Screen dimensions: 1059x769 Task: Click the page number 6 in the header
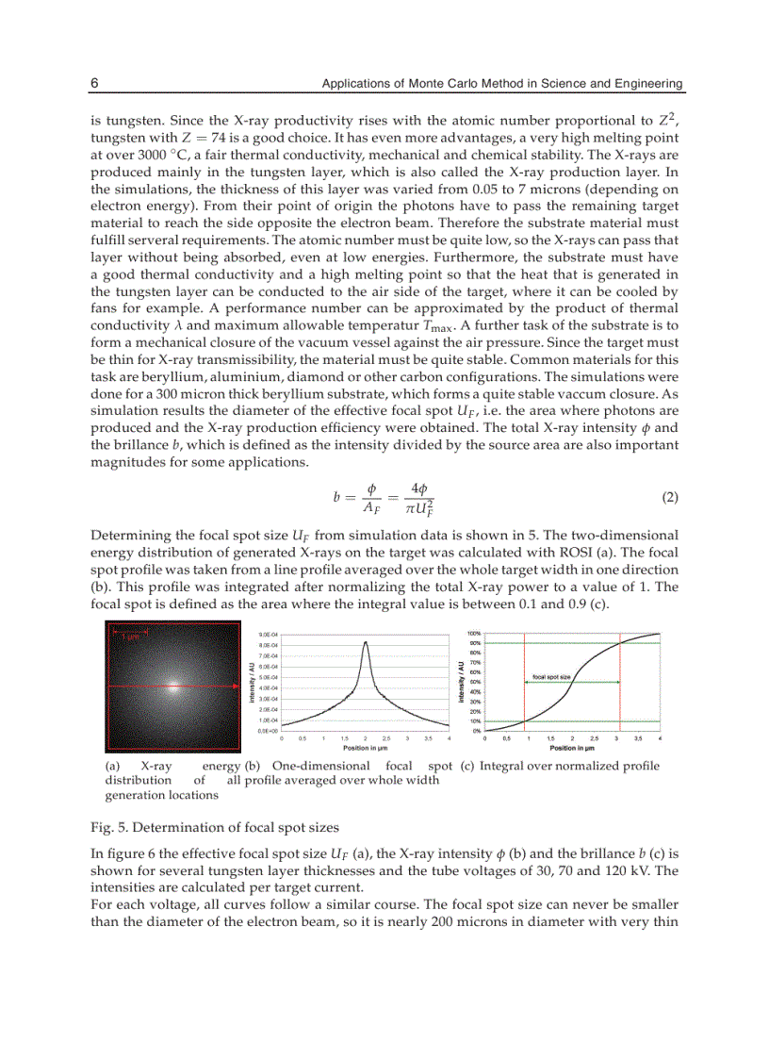tap(94, 84)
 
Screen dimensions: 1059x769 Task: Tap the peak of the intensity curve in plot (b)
tap(366, 643)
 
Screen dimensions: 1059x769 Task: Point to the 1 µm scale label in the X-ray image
tap(126, 637)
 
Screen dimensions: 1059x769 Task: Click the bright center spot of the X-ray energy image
tap(172, 687)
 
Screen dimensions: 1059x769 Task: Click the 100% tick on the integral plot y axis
tap(474, 634)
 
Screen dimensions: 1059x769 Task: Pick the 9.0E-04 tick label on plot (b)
tap(267, 635)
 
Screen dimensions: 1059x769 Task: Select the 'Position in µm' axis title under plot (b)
tap(367, 747)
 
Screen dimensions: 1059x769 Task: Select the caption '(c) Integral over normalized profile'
tap(560, 766)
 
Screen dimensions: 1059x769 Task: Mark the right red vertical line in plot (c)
tap(618, 679)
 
